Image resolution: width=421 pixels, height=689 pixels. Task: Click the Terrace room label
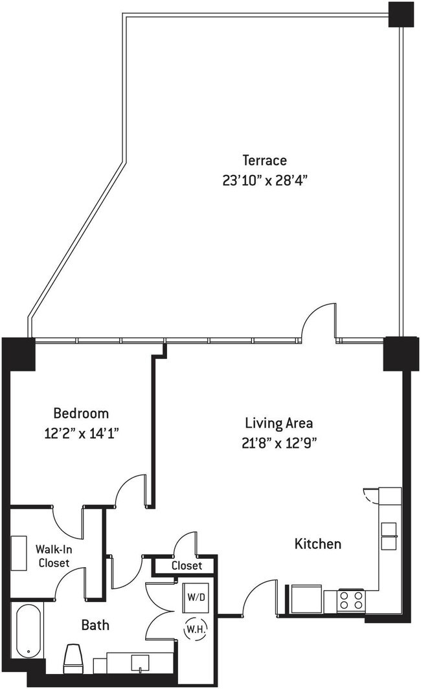265,160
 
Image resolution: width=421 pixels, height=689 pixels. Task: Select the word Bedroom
81,413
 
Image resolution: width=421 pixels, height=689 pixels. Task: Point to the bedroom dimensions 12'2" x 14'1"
82,434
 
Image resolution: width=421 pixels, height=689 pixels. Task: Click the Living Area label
279,423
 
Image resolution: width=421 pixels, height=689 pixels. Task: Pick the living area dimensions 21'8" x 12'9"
279,443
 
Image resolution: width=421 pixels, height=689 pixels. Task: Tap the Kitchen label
317,544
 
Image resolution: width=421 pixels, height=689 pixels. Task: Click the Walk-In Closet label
54,556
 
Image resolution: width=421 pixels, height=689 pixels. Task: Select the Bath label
95,625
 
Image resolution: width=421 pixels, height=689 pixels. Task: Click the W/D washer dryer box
196,597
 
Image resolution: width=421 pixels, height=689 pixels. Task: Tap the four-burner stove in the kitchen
351,600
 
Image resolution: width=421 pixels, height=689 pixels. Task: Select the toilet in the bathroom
73,656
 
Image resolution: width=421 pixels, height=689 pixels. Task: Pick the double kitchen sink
389,535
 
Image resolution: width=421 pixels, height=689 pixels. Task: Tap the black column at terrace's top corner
401,14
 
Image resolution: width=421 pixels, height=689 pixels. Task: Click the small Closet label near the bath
187,566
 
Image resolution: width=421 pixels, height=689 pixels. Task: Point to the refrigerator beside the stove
306,598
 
